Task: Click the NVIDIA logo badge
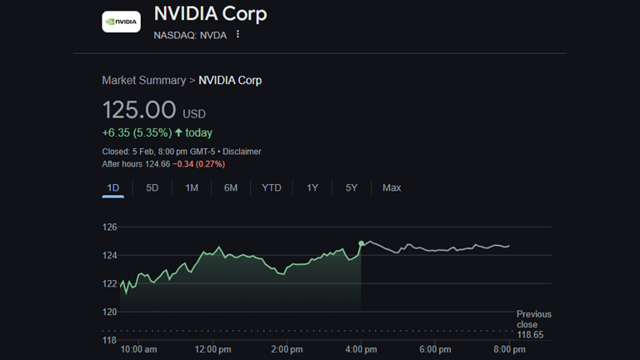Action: pyautogui.click(x=121, y=22)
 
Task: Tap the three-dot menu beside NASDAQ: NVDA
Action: pyautogui.click(x=237, y=34)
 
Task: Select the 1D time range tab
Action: pyautogui.click(x=113, y=187)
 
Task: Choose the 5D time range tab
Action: pyautogui.click(x=152, y=187)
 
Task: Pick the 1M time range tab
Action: pyautogui.click(x=192, y=187)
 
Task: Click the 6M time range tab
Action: pyautogui.click(x=231, y=187)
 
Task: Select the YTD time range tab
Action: pyautogui.click(x=272, y=187)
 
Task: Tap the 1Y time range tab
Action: pyautogui.click(x=312, y=187)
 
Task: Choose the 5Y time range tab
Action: pyautogui.click(x=352, y=187)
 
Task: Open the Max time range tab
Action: pyautogui.click(x=392, y=187)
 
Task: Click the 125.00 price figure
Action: pyautogui.click(x=139, y=110)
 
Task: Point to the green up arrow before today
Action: pyautogui.click(x=178, y=132)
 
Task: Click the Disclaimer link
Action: pyautogui.click(x=241, y=152)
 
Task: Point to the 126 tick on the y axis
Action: pyautogui.click(x=109, y=227)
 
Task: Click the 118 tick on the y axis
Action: pyautogui.click(x=109, y=340)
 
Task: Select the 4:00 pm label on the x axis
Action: pyautogui.click(x=361, y=349)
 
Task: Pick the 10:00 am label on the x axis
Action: pyautogui.click(x=139, y=349)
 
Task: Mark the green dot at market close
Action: pyautogui.click(x=361, y=243)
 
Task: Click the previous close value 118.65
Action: pyautogui.click(x=530, y=334)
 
